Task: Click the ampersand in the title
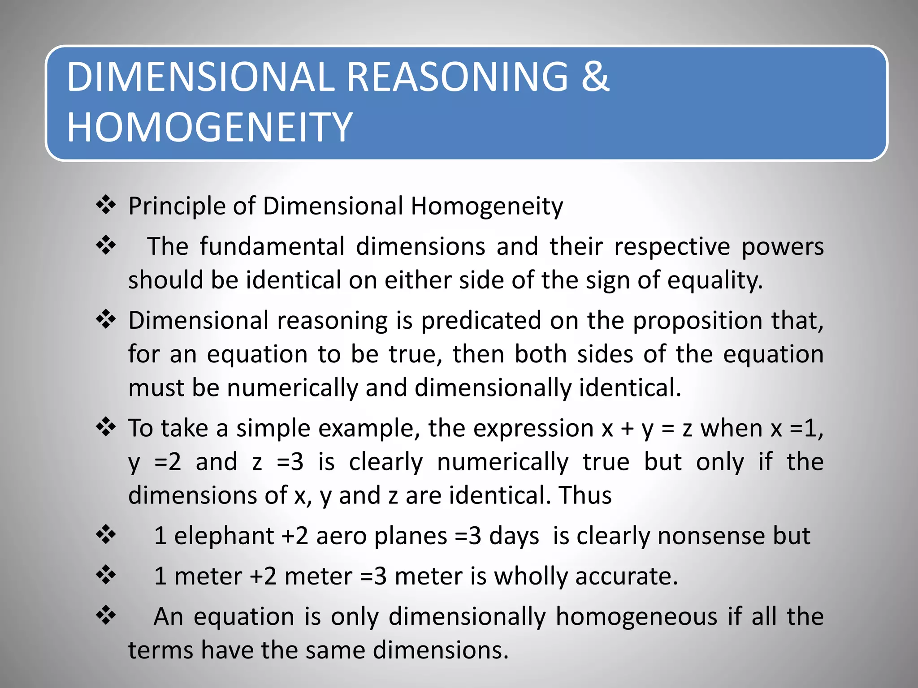595,77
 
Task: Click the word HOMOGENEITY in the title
210,127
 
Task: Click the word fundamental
272,247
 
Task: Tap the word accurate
626,576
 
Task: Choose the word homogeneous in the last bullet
637,617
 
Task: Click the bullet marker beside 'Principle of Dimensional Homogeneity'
106,206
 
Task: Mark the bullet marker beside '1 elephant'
106,535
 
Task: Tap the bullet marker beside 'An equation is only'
106,615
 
